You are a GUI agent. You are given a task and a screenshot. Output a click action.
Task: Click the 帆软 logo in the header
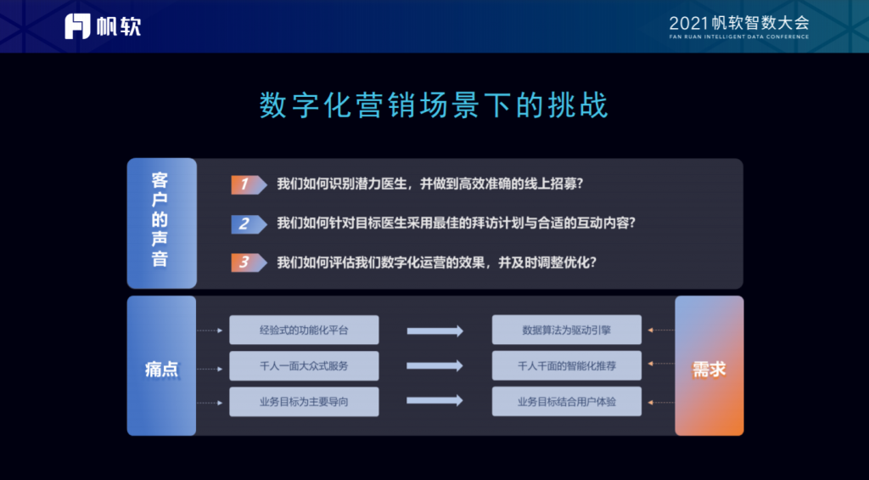[x=103, y=26]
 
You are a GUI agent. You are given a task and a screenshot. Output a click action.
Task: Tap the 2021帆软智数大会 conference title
[x=739, y=23]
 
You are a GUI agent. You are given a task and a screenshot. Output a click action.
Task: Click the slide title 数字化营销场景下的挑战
[x=434, y=104]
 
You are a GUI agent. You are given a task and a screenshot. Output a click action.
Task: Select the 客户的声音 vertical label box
[x=162, y=223]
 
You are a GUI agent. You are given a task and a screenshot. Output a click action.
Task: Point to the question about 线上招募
[x=429, y=184]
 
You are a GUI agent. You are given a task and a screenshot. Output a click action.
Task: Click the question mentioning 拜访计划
[x=456, y=223]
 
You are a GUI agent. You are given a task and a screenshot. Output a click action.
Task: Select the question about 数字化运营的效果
[x=437, y=263]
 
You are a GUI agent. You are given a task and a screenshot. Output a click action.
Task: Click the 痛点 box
[x=161, y=365]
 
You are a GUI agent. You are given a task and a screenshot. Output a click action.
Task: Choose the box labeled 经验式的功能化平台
[x=305, y=330]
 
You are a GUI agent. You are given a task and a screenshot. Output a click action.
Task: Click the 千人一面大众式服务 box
[x=305, y=365]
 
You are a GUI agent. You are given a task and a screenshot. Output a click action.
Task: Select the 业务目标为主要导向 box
[x=305, y=402]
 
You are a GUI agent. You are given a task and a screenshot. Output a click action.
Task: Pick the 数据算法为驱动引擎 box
[x=566, y=330]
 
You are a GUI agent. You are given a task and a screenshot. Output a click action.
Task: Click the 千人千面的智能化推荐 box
[x=566, y=365]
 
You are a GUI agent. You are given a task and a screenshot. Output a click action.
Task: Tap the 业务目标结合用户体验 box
[x=566, y=402]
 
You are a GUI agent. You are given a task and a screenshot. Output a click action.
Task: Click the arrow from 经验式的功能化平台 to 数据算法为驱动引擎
[x=435, y=331]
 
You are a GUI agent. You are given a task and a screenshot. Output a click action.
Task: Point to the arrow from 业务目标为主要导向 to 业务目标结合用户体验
[x=435, y=401]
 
